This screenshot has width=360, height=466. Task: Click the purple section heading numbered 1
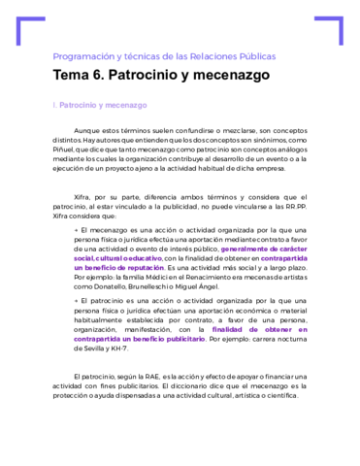[x=100, y=104]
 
